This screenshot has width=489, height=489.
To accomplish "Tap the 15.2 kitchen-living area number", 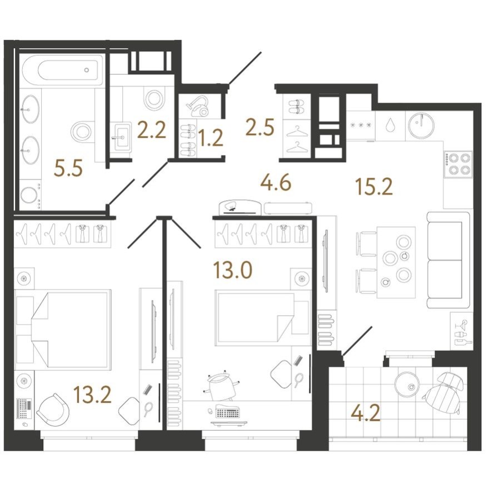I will [x=374, y=187].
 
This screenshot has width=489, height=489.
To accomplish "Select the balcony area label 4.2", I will [x=366, y=413].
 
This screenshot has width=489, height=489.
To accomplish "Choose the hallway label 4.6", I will [x=276, y=182].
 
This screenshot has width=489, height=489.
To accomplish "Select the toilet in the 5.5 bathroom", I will [x=82, y=132].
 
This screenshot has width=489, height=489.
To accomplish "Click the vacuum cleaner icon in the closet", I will [x=197, y=106].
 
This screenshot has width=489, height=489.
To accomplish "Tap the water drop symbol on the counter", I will [x=392, y=125].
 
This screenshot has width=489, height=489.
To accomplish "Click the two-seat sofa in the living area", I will [x=447, y=260].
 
